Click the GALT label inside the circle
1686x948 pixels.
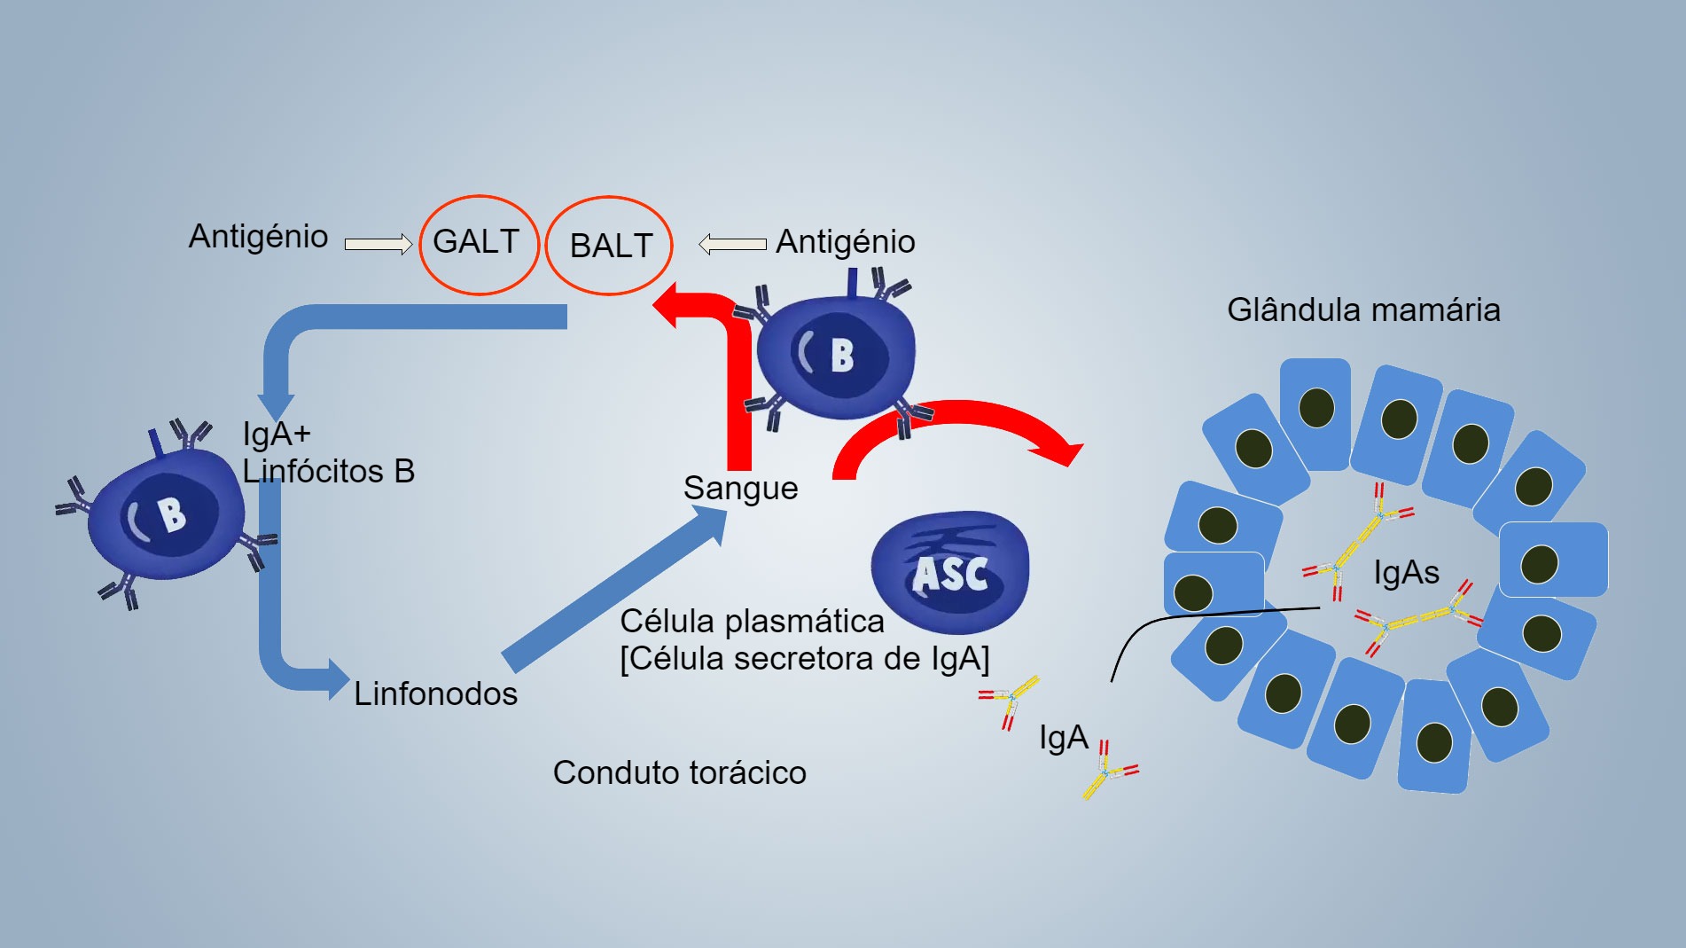click(476, 241)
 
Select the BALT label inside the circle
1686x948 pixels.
click(611, 246)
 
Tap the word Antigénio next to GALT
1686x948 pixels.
click(258, 237)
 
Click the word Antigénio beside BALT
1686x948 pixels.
click(845, 241)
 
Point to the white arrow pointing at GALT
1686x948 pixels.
click(379, 244)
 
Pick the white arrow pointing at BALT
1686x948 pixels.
click(732, 244)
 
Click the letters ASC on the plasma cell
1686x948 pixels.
click(950, 574)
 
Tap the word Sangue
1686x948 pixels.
click(740, 488)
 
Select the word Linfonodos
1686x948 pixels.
click(435, 693)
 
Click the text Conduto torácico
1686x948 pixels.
click(679, 772)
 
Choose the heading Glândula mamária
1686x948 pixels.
click(1363, 310)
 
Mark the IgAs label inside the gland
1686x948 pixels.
click(1406, 572)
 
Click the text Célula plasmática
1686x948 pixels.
click(752, 622)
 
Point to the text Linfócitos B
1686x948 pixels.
click(329, 471)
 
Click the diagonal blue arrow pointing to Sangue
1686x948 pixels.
click(612, 590)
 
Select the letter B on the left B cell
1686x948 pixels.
click(170, 514)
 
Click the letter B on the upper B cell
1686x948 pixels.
click(841, 355)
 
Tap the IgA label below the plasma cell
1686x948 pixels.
click(1063, 738)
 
